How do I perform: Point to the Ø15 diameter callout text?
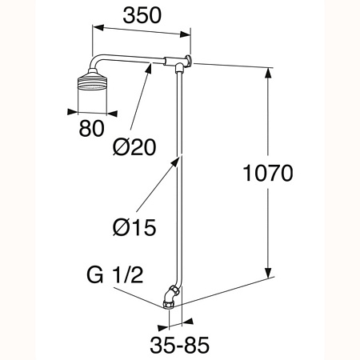(134, 226)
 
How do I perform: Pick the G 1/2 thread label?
(114, 278)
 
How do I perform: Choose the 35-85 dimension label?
(177, 346)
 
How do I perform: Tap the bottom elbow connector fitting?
(169, 296)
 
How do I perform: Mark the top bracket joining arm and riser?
(178, 62)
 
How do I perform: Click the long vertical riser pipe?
(177, 176)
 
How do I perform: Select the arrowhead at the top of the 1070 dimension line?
(266, 69)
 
